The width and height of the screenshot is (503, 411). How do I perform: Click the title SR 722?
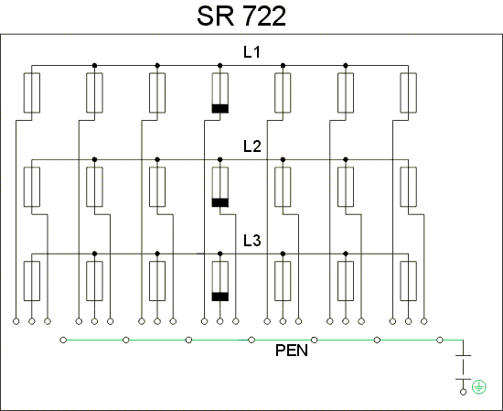[x=241, y=16]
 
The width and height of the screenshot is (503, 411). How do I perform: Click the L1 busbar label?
[x=251, y=52]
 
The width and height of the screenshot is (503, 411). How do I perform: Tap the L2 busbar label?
[x=252, y=146]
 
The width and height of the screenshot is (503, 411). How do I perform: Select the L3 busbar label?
[x=252, y=240]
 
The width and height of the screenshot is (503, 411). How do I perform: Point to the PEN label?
[x=292, y=351]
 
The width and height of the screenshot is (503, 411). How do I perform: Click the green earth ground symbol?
[x=479, y=387]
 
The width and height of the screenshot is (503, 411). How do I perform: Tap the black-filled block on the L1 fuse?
[x=220, y=109]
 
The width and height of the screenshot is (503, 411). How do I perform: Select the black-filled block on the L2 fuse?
[x=220, y=202]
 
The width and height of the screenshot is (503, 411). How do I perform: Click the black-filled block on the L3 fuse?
[x=220, y=297]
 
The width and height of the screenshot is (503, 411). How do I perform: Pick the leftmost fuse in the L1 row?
[x=32, y=92]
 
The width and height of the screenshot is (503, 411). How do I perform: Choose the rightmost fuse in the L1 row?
[x=409, y=92]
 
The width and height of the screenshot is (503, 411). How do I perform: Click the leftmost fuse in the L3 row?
[x=32, y=281]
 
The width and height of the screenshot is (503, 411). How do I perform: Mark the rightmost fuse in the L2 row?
[x=409, y=187]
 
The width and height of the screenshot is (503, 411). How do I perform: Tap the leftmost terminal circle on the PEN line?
[x=63, y=340]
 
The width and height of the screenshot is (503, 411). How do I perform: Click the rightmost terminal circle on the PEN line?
[x=440, y=340]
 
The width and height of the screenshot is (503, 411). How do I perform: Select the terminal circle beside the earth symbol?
[x=464, y=392]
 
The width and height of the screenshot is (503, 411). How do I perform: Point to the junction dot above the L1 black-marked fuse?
[x=220, y=66]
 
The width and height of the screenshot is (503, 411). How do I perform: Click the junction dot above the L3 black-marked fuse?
[x=220, y=254]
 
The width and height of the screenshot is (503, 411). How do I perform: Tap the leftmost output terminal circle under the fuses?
[x=16, y=321]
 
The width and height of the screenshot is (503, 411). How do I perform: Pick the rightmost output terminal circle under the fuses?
[x=424, y=321]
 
